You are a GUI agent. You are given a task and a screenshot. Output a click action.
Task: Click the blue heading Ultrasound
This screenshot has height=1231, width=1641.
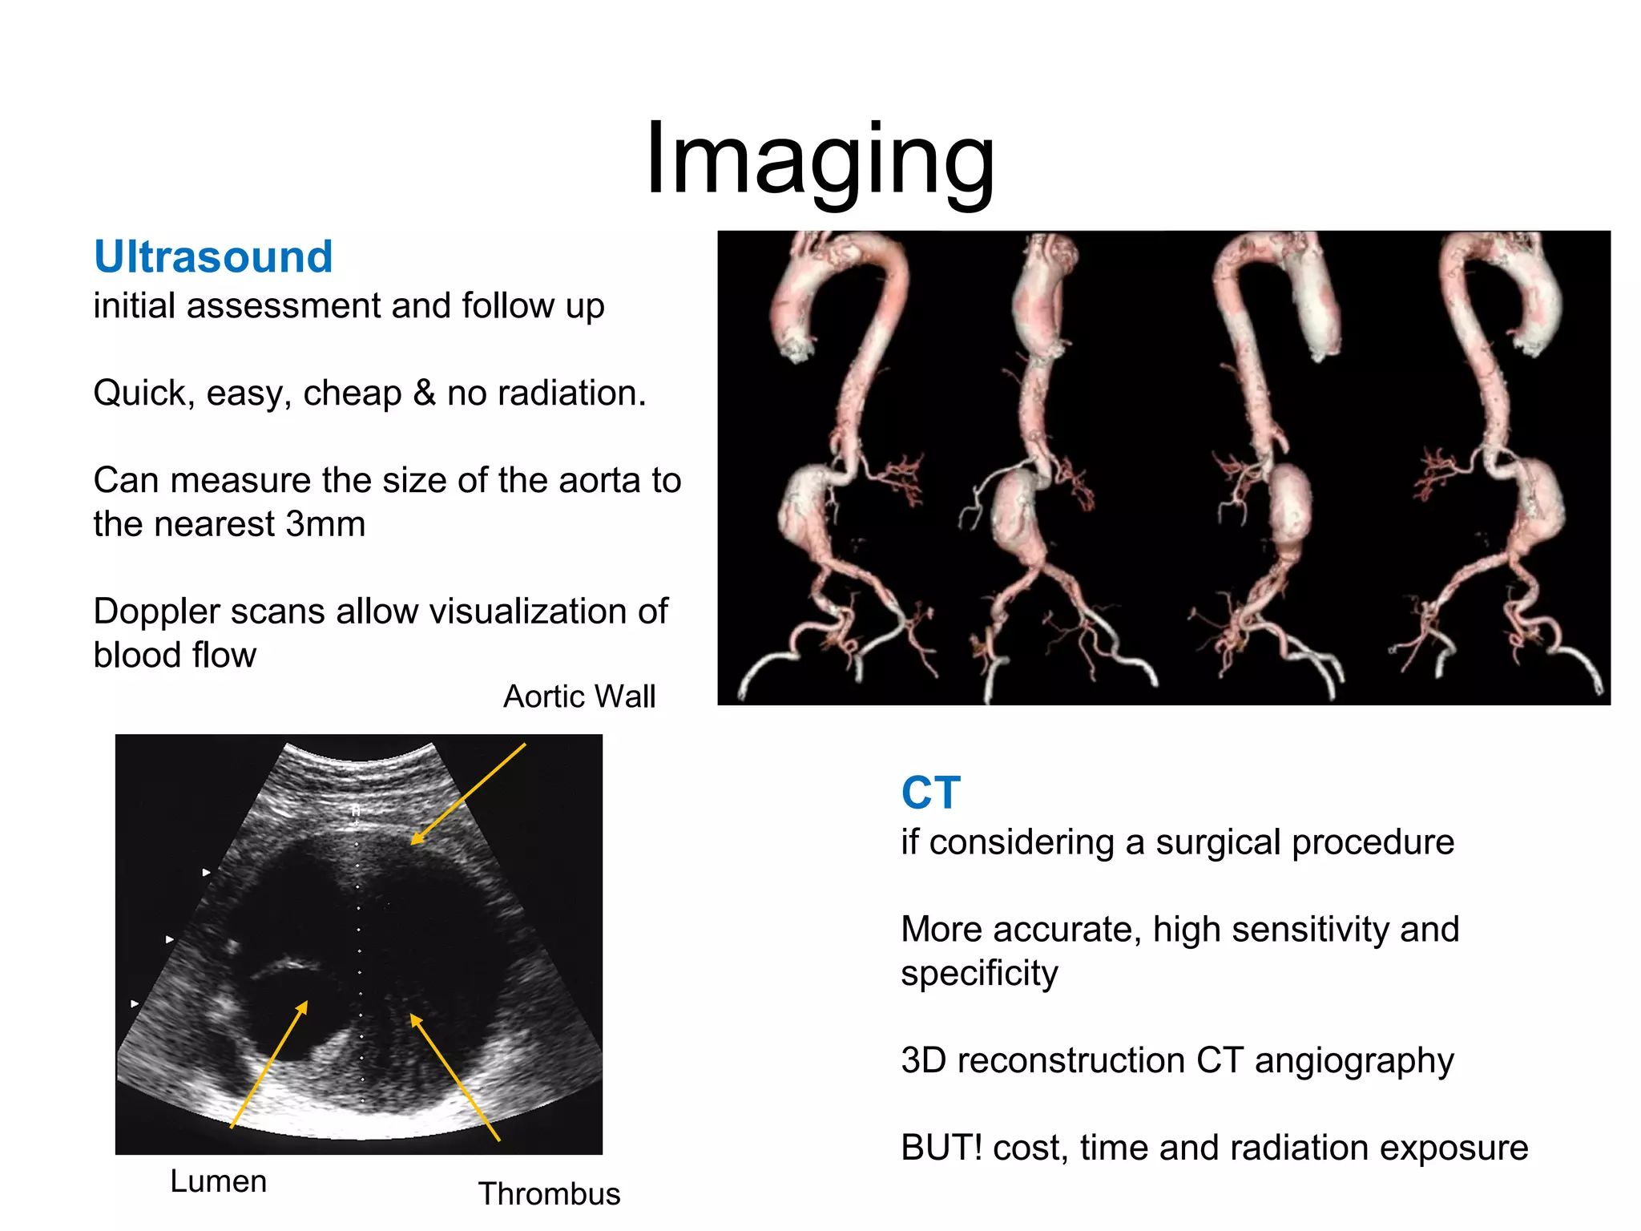(x=213, y=257)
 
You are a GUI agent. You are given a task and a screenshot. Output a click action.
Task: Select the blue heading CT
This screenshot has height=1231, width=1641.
(x=929, y=793)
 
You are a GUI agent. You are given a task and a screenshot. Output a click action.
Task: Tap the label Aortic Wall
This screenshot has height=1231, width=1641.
(x=579, y=696)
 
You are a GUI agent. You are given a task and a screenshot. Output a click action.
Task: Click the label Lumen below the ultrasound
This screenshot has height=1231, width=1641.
(x=218, y=1181)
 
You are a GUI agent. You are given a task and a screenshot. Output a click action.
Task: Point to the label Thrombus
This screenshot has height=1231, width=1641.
(x=549, y=1194)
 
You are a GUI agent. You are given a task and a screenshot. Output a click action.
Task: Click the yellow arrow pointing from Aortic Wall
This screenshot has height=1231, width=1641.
(x=469, y=793)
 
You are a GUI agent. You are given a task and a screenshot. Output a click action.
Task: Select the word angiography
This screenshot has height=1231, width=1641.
(x=1353, y=1061)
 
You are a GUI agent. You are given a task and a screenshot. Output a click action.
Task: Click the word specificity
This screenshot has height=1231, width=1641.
(x=979, y=974)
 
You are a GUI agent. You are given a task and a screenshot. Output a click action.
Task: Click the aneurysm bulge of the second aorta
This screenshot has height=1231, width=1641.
(x=1016, y=513)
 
